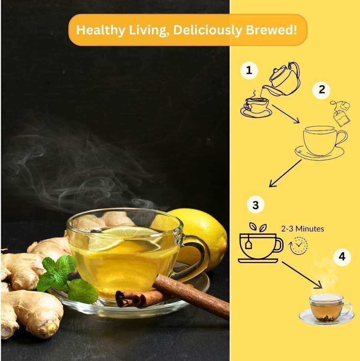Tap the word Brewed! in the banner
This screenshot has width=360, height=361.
(x=272, y=30)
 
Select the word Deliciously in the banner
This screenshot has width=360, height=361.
(x=208, y=30)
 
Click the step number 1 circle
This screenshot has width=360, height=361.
(x=249, y=70)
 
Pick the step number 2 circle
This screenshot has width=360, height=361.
(x=321, y=90)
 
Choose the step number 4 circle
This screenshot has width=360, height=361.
(x=342, y=257)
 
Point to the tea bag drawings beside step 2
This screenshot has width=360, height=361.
(x=341, y=113)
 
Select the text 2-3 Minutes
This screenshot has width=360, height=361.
(x=302, y=229)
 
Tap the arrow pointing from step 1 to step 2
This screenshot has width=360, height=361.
(x=286, y=114)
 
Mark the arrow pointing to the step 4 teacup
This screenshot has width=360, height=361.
(x=302, y=275)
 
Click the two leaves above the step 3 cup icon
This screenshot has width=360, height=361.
(x=258, y=227)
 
